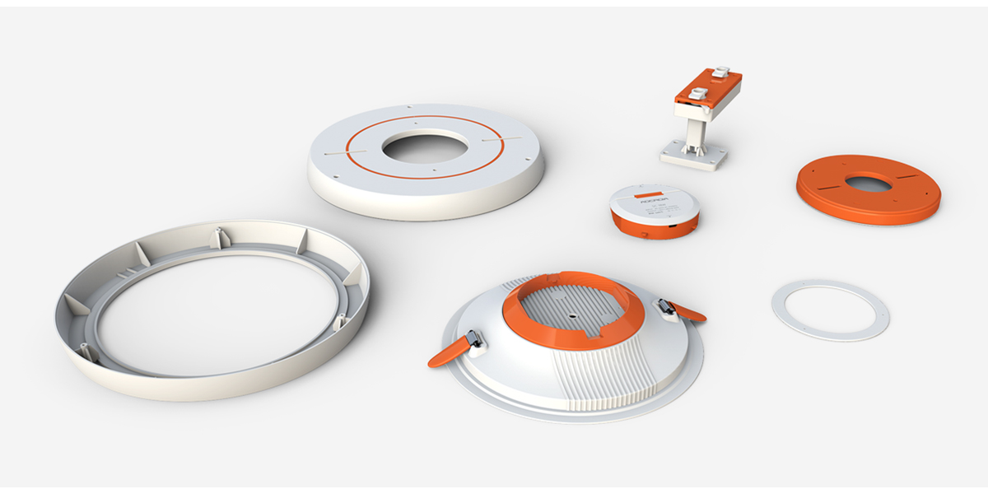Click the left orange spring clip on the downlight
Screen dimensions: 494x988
pyautogui.click(x=449, y=351)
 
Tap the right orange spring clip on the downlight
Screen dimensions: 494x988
pyautogui.click(x=686, y=310)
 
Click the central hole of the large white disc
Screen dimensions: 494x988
pyautogui.click(x=424, y=147)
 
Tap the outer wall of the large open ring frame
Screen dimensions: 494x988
pyautogui.click(x=214, y=387)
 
